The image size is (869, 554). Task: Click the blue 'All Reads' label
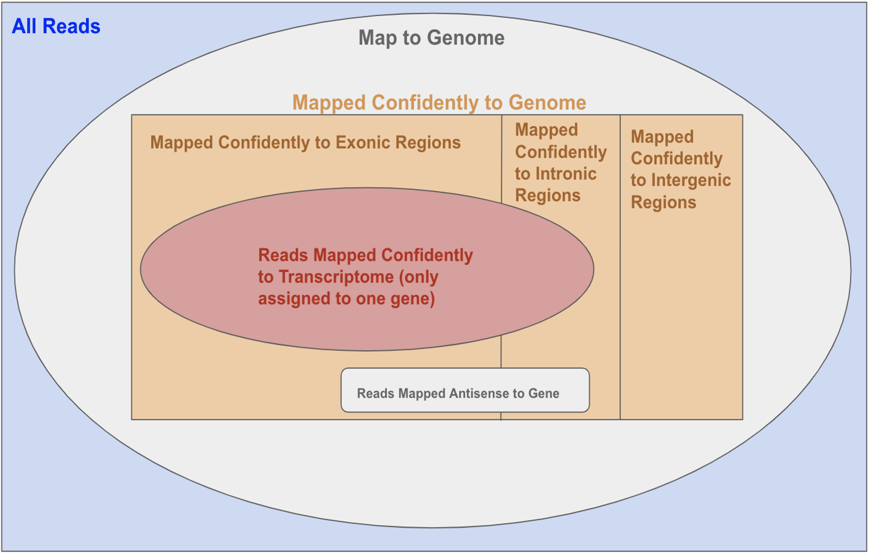(56, 27)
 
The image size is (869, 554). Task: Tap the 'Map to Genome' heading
(431, 38)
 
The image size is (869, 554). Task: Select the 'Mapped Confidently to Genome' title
(439, 103)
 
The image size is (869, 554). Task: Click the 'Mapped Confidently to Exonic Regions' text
(305, 143)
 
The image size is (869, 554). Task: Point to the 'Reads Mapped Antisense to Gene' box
(465, 390)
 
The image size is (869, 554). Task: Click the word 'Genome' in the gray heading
(466, 38)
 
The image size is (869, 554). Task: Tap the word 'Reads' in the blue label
(72, 27)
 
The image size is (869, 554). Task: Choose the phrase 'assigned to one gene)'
(347, 299)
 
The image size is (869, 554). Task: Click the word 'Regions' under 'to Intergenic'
(664, 202)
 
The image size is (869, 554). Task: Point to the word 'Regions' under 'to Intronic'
(548, 196)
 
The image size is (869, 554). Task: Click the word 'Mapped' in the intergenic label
(662, 137)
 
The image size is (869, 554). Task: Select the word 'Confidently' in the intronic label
(561, 152)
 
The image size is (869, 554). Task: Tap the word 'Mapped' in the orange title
(329, 103)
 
